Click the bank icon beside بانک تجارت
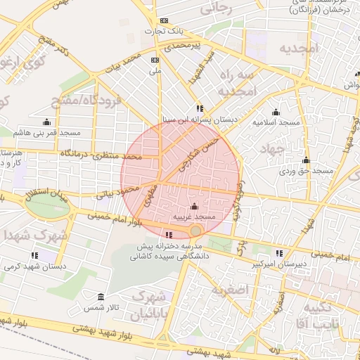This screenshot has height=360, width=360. pos(164,21)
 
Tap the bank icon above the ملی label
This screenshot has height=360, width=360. pos(155,60)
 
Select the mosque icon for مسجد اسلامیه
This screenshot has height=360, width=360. pos(276,112)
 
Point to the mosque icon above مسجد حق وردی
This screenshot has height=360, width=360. pos(306,160)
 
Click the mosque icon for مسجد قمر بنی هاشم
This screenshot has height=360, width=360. pos(46,122)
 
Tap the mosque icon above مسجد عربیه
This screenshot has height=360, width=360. pos(194,207)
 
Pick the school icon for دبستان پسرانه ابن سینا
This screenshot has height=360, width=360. pos(200,109)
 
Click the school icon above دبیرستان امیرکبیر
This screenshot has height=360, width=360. pos(279,253)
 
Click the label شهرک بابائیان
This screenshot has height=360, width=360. pos(152,303)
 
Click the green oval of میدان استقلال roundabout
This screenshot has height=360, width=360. pos(49,206)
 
